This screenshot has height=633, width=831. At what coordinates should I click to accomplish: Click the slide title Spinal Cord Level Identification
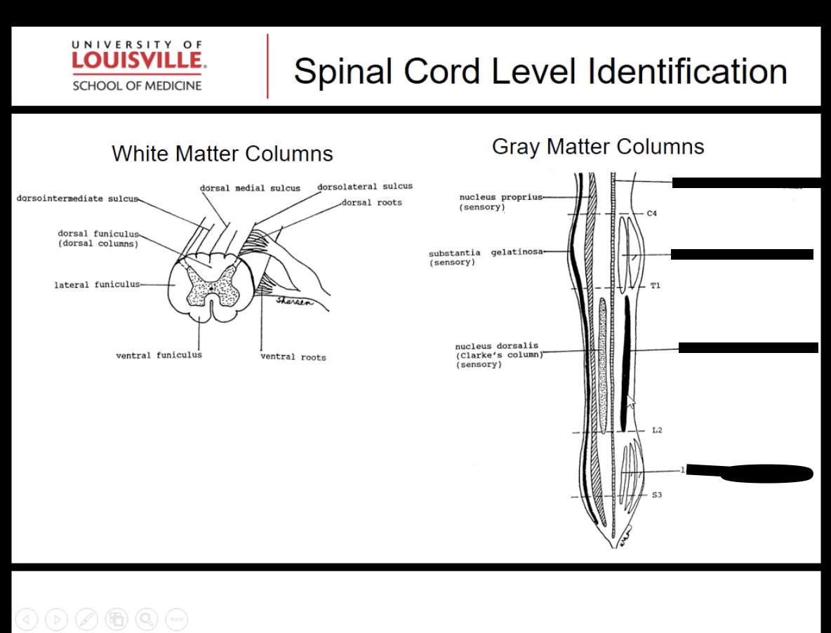coord(540,71)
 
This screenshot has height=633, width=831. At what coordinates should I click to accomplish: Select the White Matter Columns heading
coord(222,153)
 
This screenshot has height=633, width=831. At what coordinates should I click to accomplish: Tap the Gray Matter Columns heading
coord(598,147)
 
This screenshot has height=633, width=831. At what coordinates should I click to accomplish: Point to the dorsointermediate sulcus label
coord(77,199)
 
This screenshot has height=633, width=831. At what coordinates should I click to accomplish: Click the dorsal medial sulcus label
coord(250,188)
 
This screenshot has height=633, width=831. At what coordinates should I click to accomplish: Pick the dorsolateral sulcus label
coord(365,187)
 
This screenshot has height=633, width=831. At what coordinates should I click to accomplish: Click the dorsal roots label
coord(372,203)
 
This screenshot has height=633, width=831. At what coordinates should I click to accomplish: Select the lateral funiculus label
coord(96,285)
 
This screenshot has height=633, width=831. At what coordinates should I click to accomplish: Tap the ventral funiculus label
coord(159,355)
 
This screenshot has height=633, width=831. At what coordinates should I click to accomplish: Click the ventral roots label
coord(293,357)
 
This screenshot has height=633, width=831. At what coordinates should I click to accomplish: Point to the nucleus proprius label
coord(500,201)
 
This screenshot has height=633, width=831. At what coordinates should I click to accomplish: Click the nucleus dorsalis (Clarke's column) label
coord(497,355)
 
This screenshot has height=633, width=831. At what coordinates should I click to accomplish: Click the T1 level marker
coord(654,286)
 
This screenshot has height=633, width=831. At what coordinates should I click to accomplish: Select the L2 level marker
coord(656,430)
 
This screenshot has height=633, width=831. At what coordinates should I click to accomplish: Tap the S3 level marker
coord(656,495)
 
